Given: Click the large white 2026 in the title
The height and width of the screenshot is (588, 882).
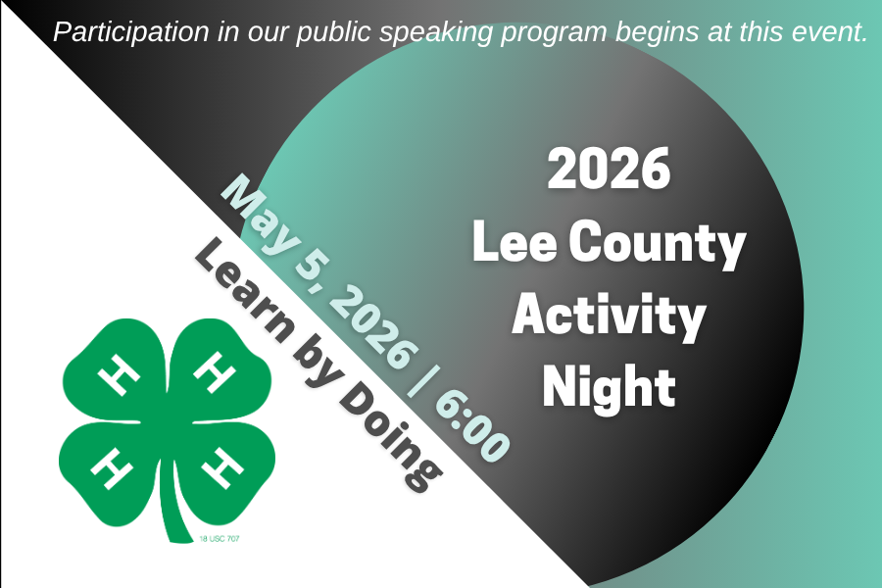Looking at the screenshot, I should click(x=609, y=169).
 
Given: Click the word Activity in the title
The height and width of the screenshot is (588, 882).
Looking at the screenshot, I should click(x=609, y=316).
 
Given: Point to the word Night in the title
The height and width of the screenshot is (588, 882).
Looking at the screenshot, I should click(x=609, y=387).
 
